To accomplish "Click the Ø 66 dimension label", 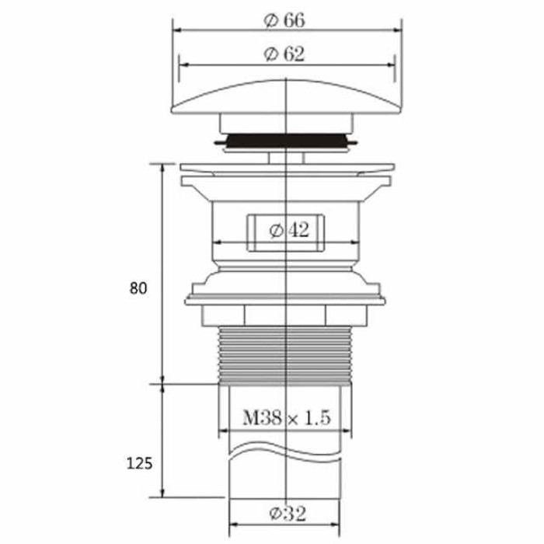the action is coord(284,20).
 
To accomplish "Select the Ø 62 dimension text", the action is coord(284,54).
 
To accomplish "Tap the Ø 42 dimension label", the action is coord(289,230).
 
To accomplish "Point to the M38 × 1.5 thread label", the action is coord(287,417).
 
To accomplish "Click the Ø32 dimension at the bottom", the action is coord(288,514).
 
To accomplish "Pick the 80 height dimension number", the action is coord(138,288).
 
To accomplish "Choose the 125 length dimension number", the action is coord(139,463).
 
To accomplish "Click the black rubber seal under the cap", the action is coord(285,141).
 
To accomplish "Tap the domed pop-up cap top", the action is coord(287,97).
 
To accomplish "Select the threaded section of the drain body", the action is coord(285,355).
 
